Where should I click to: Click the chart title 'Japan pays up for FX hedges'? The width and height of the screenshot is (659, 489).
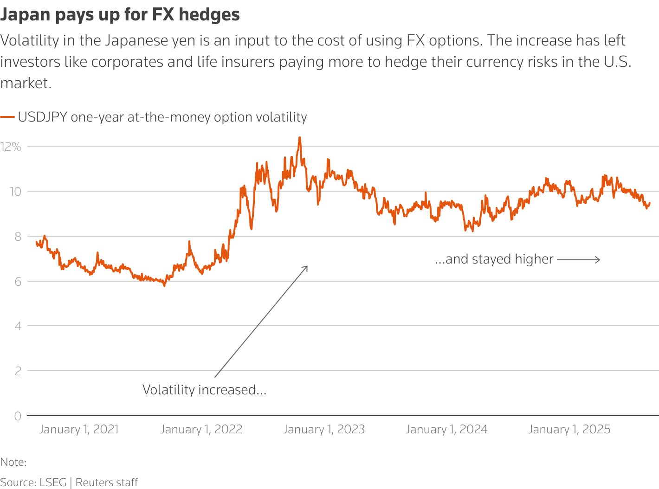click(x=120, y=15)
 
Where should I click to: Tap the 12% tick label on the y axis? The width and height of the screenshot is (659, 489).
click(x=11, y=147)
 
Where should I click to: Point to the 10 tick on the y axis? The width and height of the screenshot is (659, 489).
click(x=15, y=192)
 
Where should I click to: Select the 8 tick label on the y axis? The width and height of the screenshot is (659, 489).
click(x=18, y=237)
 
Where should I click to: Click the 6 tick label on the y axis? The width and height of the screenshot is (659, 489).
click(x=18, y=282)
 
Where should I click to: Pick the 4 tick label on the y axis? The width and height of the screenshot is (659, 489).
click(x=18, y=326)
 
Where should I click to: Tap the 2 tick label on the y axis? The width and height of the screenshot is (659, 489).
click(x=18, y=371)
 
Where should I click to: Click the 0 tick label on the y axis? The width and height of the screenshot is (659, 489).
click(x=18, y=416)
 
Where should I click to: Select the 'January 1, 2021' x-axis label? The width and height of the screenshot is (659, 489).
click(x=79, y=429)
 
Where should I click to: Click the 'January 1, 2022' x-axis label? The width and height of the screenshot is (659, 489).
click(x=201, y=429)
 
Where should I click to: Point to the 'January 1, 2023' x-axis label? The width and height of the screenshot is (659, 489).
click(x=324, y=429)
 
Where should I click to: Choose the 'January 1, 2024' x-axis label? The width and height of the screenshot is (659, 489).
click(x=446, y=429)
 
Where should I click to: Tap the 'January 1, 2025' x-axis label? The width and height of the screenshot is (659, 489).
click(x=569, y=429)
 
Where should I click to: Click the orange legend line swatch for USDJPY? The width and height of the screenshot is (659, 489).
click(x=7, y=117)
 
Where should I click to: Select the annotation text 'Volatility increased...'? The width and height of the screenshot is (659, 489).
click(x=204, y=390)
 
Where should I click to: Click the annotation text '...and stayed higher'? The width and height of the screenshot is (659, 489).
click(x=494, y=259)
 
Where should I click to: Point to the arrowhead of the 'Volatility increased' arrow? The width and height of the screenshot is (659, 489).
click(x=307, y=267)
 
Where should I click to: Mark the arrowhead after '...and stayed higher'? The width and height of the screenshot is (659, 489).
click(x=599, y=259)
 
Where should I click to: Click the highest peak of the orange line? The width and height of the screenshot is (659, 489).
click(x=299, y=137)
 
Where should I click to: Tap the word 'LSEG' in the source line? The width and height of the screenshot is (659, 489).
click(x=53, y=483)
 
